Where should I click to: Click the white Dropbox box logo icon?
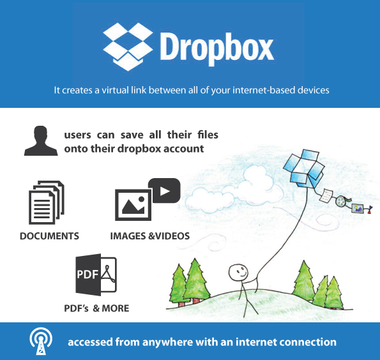click(x=128, y=47)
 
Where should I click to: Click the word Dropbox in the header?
click(x=217, y=49)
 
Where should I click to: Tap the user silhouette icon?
click(x=41, y=140)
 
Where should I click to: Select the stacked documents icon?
click(x=46, y=202)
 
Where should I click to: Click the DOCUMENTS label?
click(x=49, y=236)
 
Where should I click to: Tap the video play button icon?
click(x=165, y=191)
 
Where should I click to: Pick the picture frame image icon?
click(x=133, y=205)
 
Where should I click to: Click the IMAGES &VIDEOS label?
click(x=150, y=236)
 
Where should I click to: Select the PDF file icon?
click(x=96, y=274)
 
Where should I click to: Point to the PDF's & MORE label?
click(x=96, y=308)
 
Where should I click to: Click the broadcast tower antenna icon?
click(x=41, y=341)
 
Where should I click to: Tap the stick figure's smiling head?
click(x=238, y=273)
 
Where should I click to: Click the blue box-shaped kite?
click(x=304, y=169)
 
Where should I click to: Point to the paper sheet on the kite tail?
click(x=326, y=195)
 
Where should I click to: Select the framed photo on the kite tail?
click(x=358, y=208)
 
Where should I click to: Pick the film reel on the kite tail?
click(x=341, y=201)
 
